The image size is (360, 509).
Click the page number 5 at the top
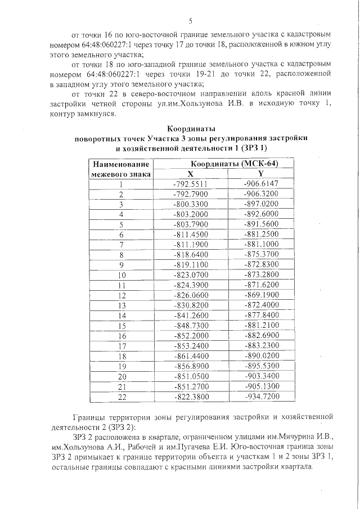[191, 22]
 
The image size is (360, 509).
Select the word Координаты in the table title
[191, 129]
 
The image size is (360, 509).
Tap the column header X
[190, 174]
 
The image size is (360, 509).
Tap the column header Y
[261, 174]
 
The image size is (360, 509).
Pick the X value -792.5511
[191, 184]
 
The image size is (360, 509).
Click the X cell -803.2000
[191, 214]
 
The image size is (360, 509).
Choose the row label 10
[121, 276]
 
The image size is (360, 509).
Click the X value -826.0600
[191, 295]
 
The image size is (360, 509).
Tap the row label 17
[121, 346]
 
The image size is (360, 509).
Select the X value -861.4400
[191, 357]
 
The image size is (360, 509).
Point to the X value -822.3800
[191, 397]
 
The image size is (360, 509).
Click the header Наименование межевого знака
[121, 169]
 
